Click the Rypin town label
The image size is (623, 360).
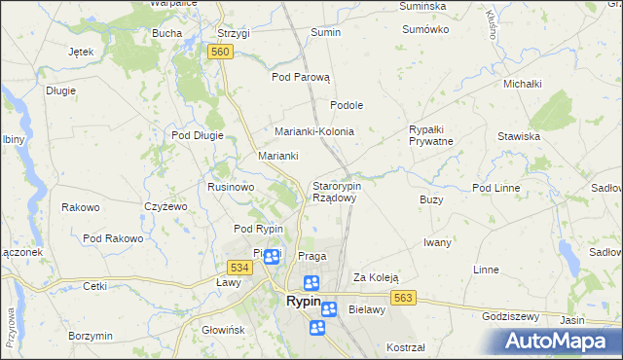coord(304,302)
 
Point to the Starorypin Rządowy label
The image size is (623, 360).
coord(336,191)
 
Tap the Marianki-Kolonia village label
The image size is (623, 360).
coord(313,131)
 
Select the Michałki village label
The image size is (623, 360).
coord(522,84)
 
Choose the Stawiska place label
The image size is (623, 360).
coord(518,136)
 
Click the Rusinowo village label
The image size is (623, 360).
coord(231,187)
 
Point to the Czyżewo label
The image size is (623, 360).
coord(165,206)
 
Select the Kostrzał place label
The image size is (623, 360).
coord(406,347)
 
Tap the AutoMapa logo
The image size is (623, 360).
coord(557,341)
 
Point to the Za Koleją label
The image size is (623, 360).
coord(376,277)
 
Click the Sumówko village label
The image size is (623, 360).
coord(425,29)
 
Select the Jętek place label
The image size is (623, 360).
coord(81,52)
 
